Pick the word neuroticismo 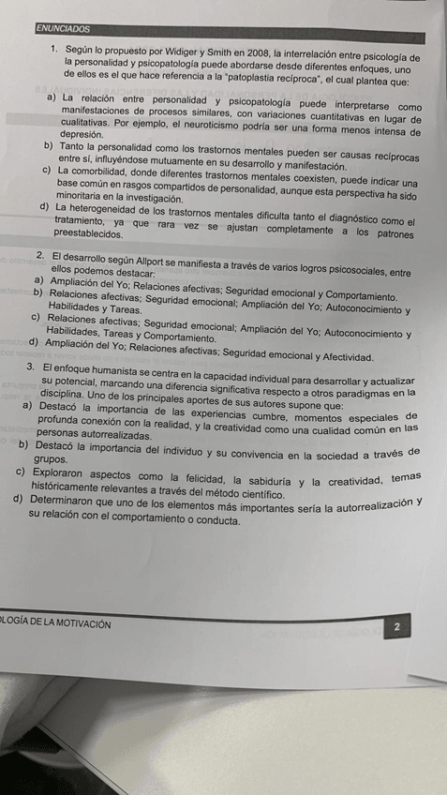click(257, 123)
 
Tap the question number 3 click(32, 367)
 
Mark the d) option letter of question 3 click(20, 502)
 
